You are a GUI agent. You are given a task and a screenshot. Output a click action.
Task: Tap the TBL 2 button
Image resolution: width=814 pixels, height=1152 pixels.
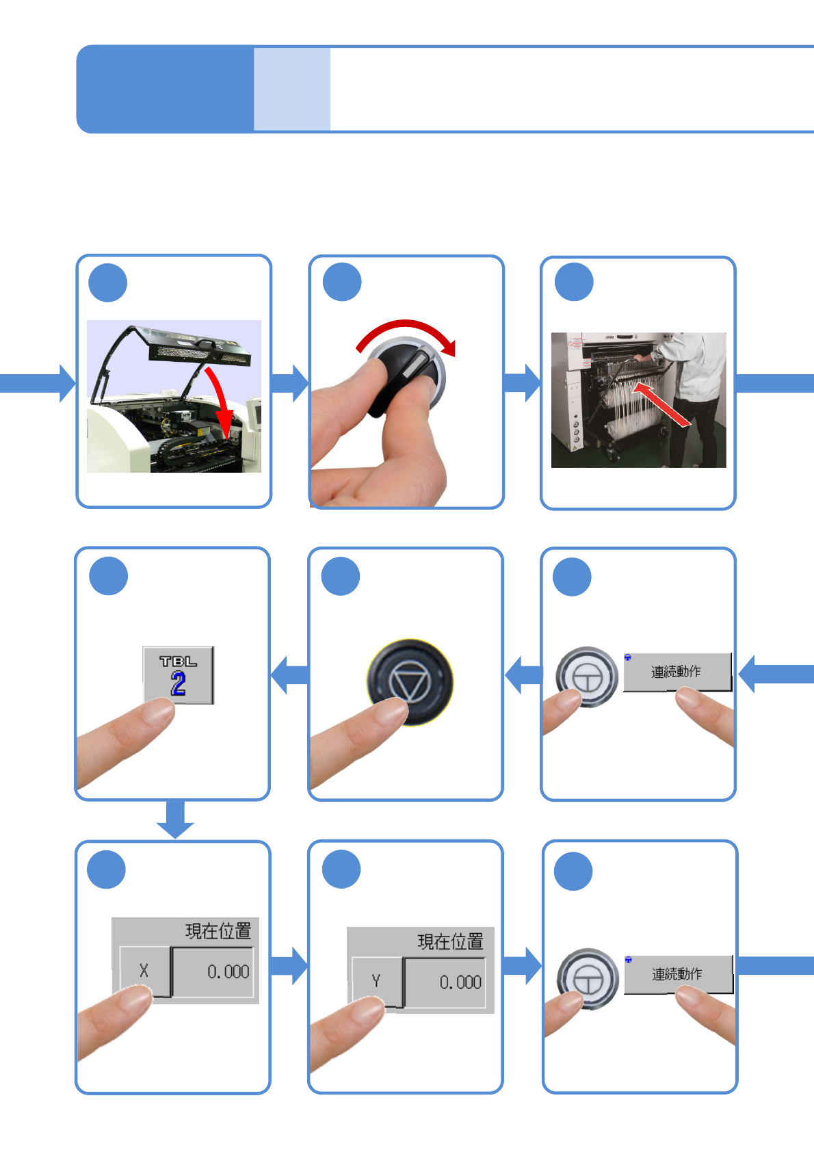[178, 675]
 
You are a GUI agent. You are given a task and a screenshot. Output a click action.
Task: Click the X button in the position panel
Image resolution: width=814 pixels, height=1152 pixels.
[144, 971]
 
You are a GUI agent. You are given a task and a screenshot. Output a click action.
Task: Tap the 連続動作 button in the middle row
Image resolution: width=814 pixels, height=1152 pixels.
[677, 672]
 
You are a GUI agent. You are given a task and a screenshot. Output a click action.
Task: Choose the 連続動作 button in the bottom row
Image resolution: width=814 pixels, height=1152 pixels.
[677, 974]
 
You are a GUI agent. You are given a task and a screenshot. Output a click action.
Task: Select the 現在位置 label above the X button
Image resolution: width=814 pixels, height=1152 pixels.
[218, 931]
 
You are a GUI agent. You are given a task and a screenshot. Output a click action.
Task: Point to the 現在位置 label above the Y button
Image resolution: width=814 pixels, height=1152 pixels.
[450, 942]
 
